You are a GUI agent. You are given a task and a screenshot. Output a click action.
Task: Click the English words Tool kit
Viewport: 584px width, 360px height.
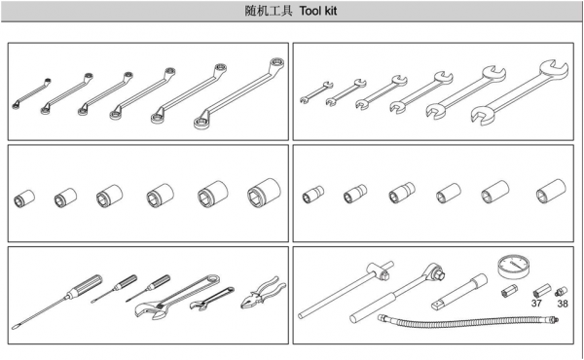tap(318, 11)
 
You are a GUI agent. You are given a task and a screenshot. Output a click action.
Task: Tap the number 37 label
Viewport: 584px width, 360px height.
tap(536, 303)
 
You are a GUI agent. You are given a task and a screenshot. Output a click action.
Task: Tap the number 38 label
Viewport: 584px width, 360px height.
tap(563, 304)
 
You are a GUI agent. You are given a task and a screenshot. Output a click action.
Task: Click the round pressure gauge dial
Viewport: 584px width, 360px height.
tap(513, 267)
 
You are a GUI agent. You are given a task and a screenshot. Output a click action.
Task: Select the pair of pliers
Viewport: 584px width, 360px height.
tap(264, 293)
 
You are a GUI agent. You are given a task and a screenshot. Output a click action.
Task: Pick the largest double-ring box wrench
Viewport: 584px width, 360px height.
tap(238, 93)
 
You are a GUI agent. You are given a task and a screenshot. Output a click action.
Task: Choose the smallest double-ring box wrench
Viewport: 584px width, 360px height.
tap(31, 93)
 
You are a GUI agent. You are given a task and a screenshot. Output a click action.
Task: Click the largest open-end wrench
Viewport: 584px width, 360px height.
tap(520, 92)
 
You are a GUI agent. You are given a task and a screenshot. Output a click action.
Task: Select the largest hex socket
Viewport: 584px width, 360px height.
tap(264, 193)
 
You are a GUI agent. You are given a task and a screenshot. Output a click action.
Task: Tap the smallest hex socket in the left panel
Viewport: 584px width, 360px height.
tap(24, 198)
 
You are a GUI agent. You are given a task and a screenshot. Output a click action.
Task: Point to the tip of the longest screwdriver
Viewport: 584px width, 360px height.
tap(14, 328)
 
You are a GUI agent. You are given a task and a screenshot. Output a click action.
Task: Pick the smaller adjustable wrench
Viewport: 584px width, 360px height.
tap(211, 299)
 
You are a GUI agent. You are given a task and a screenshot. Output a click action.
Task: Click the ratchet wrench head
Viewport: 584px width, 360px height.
tap(436, 271)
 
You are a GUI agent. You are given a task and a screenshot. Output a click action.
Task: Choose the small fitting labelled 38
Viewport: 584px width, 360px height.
tap(561, 292)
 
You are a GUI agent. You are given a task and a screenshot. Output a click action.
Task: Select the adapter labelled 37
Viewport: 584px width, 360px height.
tap(542, 290)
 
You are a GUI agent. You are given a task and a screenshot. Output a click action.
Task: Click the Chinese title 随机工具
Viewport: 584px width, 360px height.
tap(269, 11)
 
